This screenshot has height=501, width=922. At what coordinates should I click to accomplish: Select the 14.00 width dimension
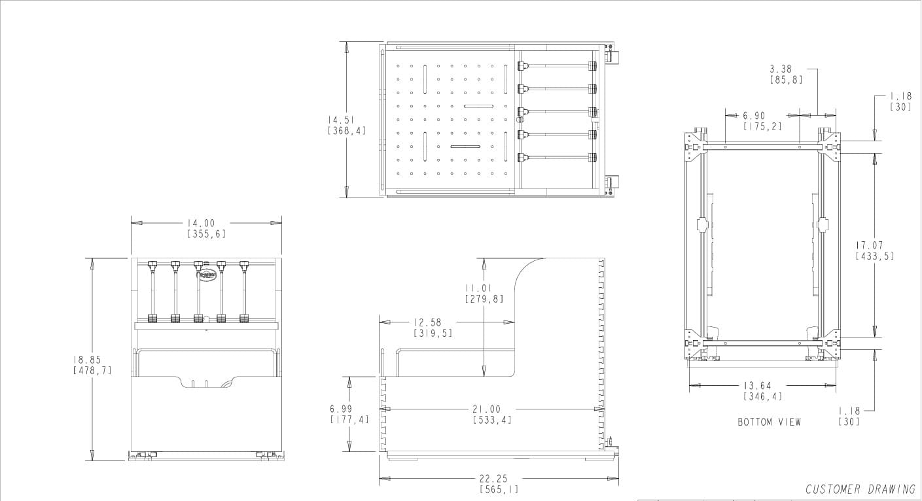click(x=206, y=224)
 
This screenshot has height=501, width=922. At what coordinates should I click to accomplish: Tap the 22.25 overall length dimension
click(x=498, y=479)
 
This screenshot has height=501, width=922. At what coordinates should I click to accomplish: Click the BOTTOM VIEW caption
click(x=769, y=423)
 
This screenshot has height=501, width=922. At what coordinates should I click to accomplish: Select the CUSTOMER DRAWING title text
click(x=860, y=489)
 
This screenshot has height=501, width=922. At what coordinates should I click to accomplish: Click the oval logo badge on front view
click(x=206, y=275)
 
